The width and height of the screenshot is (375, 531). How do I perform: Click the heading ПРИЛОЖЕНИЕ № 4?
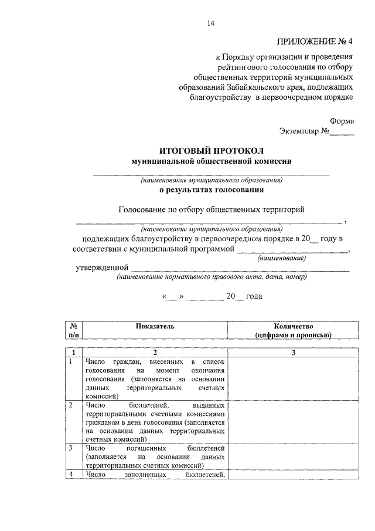(315, 42)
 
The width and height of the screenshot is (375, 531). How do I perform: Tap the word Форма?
(342, 120)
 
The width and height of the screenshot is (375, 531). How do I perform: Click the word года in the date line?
(254, 296)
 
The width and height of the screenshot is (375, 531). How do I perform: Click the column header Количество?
(294, 326)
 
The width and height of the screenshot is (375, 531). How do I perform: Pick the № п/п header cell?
(74, 330)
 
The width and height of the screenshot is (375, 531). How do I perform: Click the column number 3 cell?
(294, 352)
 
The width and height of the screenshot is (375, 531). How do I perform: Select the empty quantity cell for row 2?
(294, 422)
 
